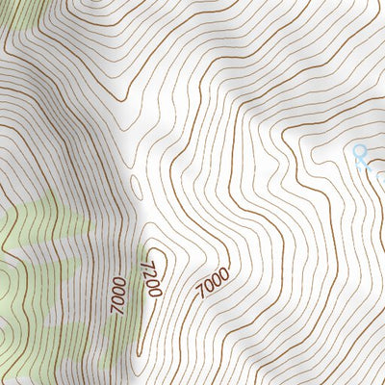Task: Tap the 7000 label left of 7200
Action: (118, 295)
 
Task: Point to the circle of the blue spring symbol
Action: (361, 151)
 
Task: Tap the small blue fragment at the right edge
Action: (381, 179)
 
